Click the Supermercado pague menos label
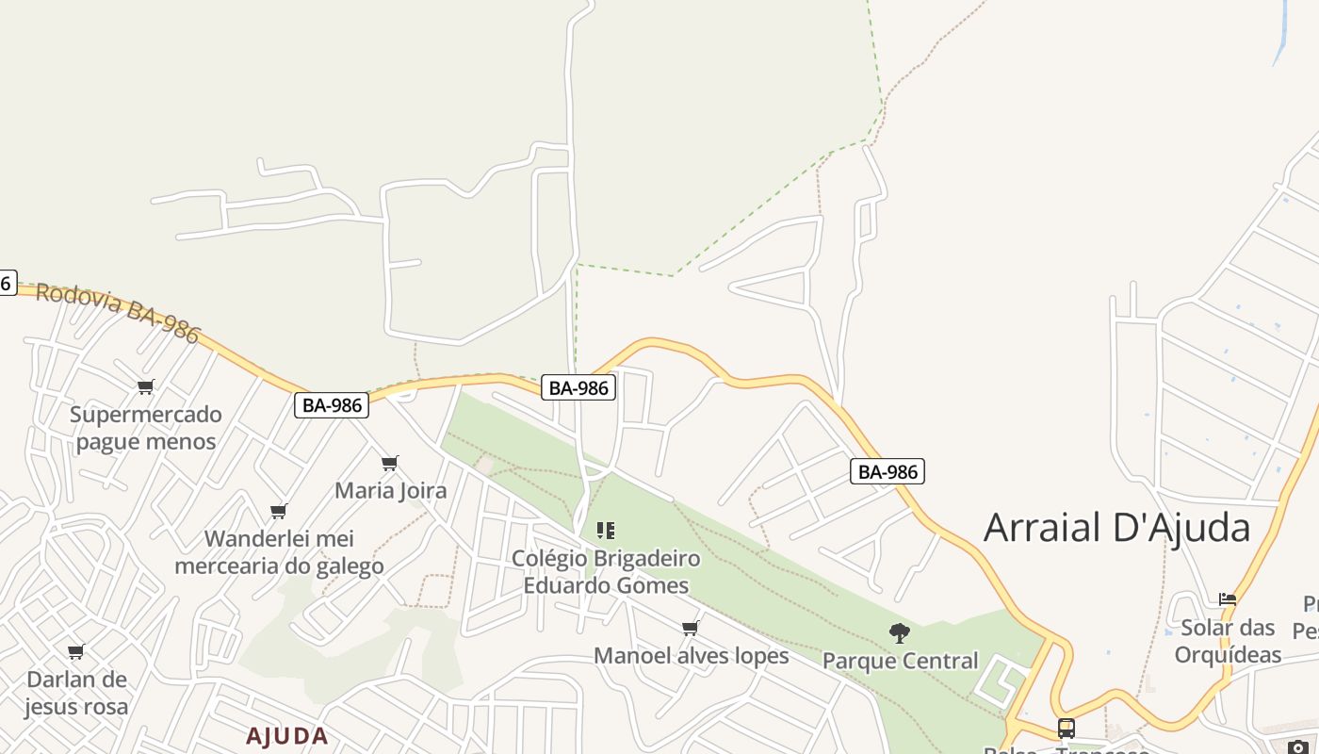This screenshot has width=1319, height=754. point(145,428)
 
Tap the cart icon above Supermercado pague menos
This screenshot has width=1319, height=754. point(145,387)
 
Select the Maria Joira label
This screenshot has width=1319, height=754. point(390,490)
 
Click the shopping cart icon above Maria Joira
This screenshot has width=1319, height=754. point(389,463)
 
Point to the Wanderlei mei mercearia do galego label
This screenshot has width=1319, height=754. point(279,552)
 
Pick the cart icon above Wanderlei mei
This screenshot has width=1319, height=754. point(278,512)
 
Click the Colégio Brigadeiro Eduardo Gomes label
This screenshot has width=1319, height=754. point(606,572)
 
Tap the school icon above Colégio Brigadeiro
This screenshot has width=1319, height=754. point(606,531)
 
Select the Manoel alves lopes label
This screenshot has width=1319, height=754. point(691,655)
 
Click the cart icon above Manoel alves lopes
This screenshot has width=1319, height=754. point(691,629)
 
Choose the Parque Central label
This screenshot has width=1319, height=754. point(900,661)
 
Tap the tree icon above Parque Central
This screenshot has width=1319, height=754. point(900,633)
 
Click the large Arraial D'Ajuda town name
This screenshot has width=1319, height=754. point(1116,527)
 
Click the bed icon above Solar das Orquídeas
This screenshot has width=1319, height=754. point(1227,599)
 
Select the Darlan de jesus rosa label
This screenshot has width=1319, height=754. point(76,693)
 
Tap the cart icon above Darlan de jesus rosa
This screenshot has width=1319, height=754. point(76,651)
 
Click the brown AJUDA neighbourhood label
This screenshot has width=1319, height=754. point(287,736)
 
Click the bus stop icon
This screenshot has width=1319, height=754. point(1066,729)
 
